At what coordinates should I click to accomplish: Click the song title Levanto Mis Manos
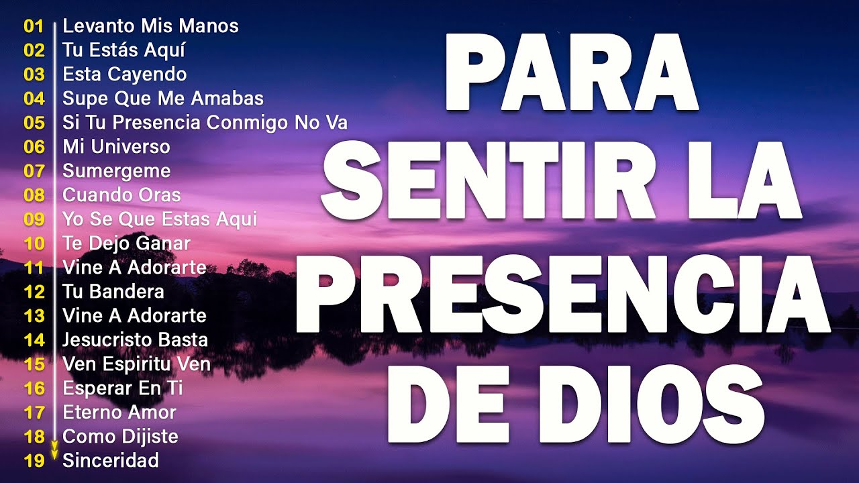point(150,26)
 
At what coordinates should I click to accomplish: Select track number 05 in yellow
point(34,123)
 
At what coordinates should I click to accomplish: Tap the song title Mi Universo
point(116,147)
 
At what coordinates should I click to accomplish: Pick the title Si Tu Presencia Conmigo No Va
point(205,123)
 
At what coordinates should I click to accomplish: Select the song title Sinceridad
point(111,461)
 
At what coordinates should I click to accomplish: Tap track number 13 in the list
point(34,316)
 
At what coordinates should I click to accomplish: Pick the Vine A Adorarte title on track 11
point(134,268)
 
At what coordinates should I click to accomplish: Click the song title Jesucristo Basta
point(135,340)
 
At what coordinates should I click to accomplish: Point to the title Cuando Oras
point(121,195)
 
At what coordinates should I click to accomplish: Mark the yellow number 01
point(34,26)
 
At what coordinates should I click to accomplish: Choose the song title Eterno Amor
point(119,413)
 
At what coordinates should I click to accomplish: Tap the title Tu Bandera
point(113,292)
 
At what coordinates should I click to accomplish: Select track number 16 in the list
point(34,388)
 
